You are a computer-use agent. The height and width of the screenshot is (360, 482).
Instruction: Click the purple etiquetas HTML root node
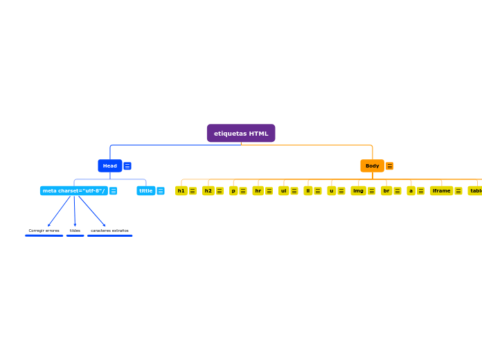(241, 133)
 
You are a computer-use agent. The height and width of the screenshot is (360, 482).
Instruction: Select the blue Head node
(109, 166)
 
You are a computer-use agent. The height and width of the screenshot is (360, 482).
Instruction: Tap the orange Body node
(372, 166)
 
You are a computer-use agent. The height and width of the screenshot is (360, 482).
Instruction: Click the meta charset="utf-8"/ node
(73, 191)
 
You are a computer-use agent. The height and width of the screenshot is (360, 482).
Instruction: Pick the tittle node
(145, 191)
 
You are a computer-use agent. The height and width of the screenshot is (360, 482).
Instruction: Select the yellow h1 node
(181, 191)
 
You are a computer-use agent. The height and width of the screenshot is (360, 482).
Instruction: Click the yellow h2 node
(208, 191)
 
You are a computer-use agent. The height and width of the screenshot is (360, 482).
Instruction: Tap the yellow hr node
(258, 191)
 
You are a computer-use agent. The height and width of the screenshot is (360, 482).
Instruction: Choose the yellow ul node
(283, 191)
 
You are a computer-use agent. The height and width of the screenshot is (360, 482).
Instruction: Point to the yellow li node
(307, 191)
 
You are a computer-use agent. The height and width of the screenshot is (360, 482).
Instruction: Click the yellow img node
(358, 191)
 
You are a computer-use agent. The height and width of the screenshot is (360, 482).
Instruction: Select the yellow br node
(386, 191)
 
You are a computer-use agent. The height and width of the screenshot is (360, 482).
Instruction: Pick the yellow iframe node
(441, 191)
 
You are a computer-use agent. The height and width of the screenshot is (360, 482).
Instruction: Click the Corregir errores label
(44, 231)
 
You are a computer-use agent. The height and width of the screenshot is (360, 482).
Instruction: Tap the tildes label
(75, 231)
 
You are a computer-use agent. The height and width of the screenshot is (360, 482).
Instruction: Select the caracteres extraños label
(109, 231)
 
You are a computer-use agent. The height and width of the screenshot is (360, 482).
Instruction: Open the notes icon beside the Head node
(127, 166)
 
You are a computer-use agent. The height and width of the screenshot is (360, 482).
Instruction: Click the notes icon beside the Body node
(390, 166)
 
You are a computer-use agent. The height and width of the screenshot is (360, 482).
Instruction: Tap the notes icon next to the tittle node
(161, 191)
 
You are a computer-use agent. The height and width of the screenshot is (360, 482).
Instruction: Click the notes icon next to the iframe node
(458, 191)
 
